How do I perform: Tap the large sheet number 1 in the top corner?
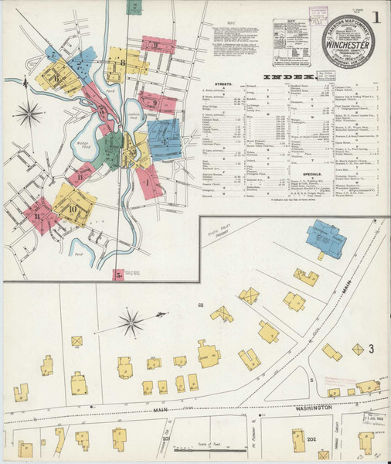pyautogui.click(x=376, y=16)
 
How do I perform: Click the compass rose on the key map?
pyautogui.click(x=29, y=114)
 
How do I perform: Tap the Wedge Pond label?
pyautogui.click(x=83, y=144)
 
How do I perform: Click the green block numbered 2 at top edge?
pyautogui.click(x=136, y=7)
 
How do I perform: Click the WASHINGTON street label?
pyautogui.click(x=318, y=404)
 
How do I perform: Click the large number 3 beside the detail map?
pyautogui.click(x=371, y=350)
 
